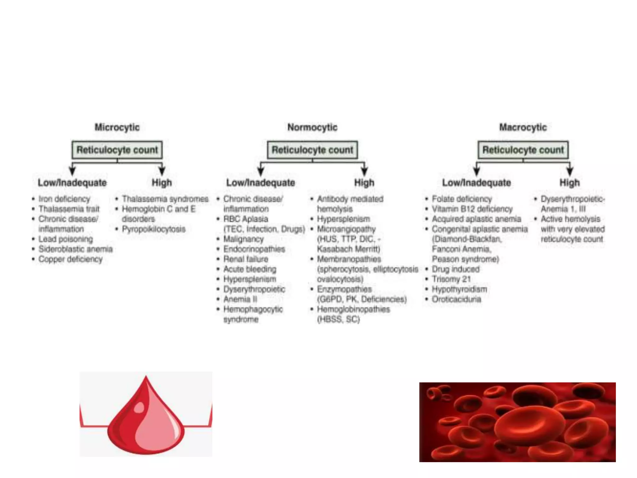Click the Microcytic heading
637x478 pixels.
(117, 127)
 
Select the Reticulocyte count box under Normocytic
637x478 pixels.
(312, 150)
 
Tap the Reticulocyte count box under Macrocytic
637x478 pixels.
(523, 150)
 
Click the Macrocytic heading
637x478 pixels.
(523, 127)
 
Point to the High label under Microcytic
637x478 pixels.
(161, 183)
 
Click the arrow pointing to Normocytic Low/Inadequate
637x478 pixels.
(261, 170)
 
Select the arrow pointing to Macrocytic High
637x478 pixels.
(570, 170)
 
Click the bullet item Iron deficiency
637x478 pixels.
(64, 199)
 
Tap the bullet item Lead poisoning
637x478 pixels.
(66, 239)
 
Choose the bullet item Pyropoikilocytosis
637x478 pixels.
(153, 229)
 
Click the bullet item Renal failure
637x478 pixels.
(246, 259)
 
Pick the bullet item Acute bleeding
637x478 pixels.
(249, 269)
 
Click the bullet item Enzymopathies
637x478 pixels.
(344, 289)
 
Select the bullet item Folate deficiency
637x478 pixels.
(462, 199)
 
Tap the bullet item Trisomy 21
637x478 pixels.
(451, 279)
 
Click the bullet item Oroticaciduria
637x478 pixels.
(456, 299)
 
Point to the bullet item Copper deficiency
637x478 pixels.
(70, 259)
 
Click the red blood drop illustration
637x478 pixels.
(146, 417)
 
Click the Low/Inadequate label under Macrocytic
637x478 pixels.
(476, 183)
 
